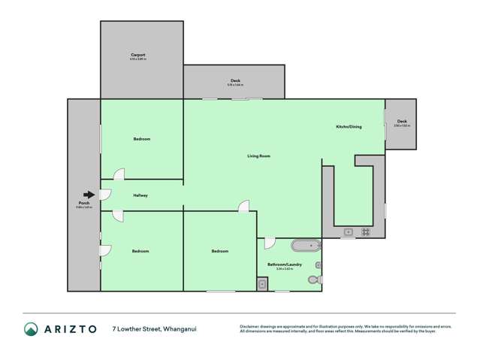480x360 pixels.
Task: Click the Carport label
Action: pos(137,55)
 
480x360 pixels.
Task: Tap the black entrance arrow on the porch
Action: pos(89,195)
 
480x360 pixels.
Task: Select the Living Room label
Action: pos(258,156)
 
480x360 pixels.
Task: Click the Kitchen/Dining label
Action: pos(349,126)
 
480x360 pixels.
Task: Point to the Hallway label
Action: pos(140,195)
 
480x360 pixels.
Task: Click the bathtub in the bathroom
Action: pos(305,245)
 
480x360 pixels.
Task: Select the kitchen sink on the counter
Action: pos(349,232)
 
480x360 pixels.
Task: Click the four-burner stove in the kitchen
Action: pos(366,232)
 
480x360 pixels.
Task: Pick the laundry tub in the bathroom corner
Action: pos(261,283)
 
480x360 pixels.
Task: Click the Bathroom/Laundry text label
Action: pos(284,264)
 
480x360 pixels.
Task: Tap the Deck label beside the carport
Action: pos(235,81)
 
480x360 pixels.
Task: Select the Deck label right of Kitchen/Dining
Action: pos(402,121)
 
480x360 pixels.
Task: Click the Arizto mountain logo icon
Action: pos(31,328)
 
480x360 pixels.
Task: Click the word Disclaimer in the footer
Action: pos(251,325)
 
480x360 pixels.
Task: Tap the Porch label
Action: pos(83,204)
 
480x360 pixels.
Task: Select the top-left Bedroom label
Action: pos(142,139)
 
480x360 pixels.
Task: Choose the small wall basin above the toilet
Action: pos(318,265)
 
